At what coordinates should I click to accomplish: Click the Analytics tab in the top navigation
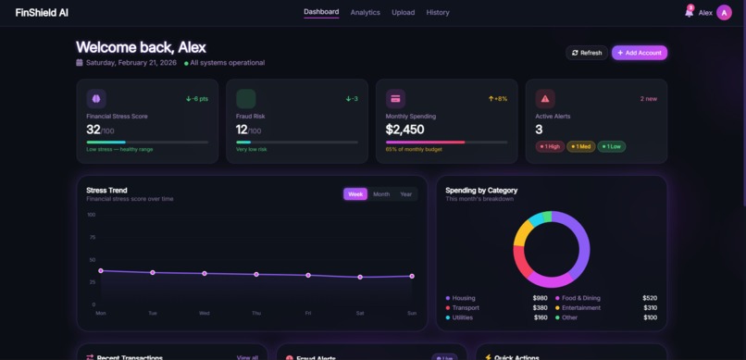click(x=365, y=12)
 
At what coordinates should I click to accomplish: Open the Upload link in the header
click(x=403, y=12)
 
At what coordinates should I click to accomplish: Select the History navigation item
click(x=438, y=12)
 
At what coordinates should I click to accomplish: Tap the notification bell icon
click(x=689, y=12)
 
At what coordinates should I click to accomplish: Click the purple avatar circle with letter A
click(x=724, y=12)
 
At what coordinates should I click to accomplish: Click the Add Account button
click(x=639, y=53)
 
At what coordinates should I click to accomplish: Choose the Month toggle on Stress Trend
click(x=381, y=194)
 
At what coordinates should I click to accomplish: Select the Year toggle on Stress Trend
click(x=405, y=194)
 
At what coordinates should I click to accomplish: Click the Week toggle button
click(x=355, y=194)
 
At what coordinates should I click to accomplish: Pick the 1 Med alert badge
click(x=581, y=146)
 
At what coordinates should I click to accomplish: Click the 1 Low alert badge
click(x=611, y=146)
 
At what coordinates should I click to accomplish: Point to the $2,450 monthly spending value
click(x=404, y=130)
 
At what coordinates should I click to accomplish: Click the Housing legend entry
click(x=464, y=298)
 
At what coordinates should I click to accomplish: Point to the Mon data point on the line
click(x=101, y=271)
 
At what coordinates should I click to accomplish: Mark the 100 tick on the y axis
click(x=91, y=215)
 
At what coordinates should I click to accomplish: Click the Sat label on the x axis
click(x=360, y=313)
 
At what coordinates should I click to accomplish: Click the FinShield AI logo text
click(x=42, y=12)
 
